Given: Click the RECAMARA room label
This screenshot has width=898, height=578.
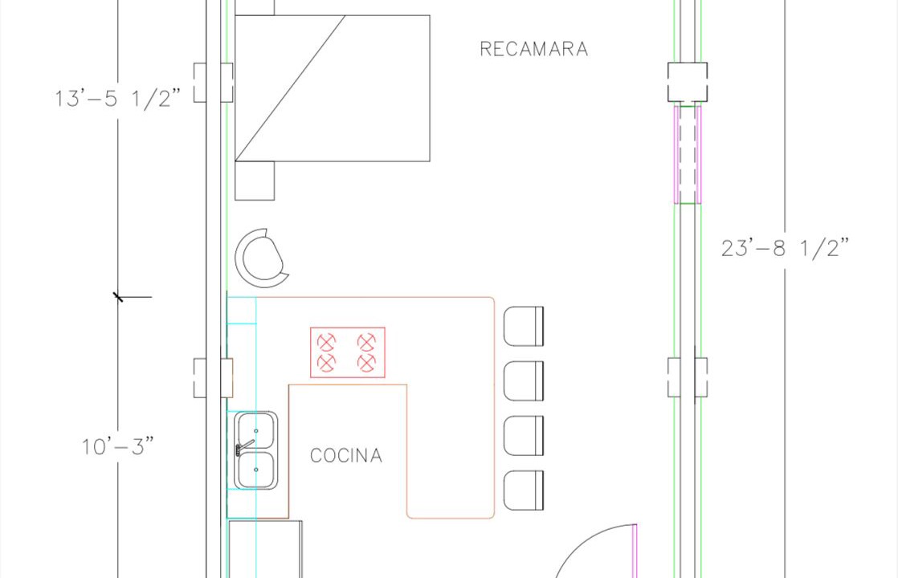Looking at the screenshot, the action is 534,49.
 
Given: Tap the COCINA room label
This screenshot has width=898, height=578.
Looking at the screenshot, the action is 346,455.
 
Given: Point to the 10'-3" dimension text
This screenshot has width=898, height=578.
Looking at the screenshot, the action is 118,446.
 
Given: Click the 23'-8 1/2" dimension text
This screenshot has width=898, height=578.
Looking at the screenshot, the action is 785,248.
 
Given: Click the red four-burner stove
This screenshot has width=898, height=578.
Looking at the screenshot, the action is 348,352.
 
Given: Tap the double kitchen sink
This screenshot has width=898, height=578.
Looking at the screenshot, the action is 256,450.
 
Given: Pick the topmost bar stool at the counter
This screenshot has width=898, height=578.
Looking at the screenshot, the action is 524,326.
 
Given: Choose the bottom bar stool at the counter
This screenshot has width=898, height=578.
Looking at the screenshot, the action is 524,490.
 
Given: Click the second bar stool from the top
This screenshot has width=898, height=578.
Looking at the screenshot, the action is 524,381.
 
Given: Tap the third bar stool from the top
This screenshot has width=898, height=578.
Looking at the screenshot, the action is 524,436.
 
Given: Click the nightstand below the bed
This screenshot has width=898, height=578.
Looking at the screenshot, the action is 255,181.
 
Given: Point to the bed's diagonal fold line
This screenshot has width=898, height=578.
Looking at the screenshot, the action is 290,88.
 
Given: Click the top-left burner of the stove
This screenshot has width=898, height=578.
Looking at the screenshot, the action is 326,343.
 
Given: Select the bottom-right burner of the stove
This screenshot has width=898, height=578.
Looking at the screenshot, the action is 366,363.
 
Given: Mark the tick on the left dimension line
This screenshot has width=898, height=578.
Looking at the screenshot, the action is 118,297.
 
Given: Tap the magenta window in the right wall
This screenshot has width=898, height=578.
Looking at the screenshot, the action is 688,154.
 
